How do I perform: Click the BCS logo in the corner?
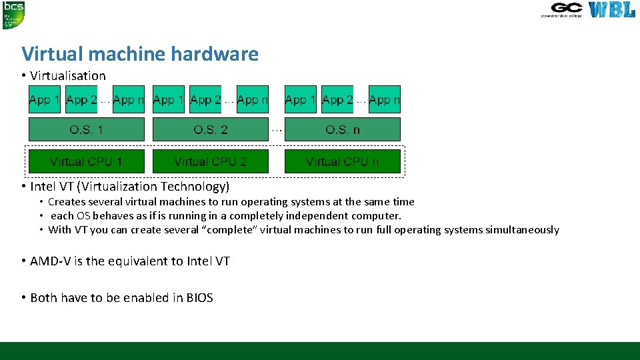click(x=13, y=15)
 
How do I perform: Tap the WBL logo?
click(x=611, y=10)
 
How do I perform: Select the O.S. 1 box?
click(x=87, y=129)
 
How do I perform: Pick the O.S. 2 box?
click(x=211, y=129)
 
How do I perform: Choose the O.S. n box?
click(x=343, y=129)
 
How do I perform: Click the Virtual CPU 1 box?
click(x=87, y=161)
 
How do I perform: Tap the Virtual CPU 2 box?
click(x=211, y=161)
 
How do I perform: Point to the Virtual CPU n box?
click(x=343, y=161)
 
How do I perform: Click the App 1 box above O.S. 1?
click(x=45, y=100)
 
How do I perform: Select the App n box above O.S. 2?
click(x=253, y=100)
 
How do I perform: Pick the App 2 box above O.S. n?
click(x=337, y=100)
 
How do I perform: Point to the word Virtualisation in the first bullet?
click(x=68, y=76)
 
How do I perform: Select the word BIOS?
click(x=199, y=298)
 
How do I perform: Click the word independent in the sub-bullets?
click(x=317, y=216)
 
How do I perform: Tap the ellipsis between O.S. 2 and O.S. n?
click(x=277, y=129)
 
